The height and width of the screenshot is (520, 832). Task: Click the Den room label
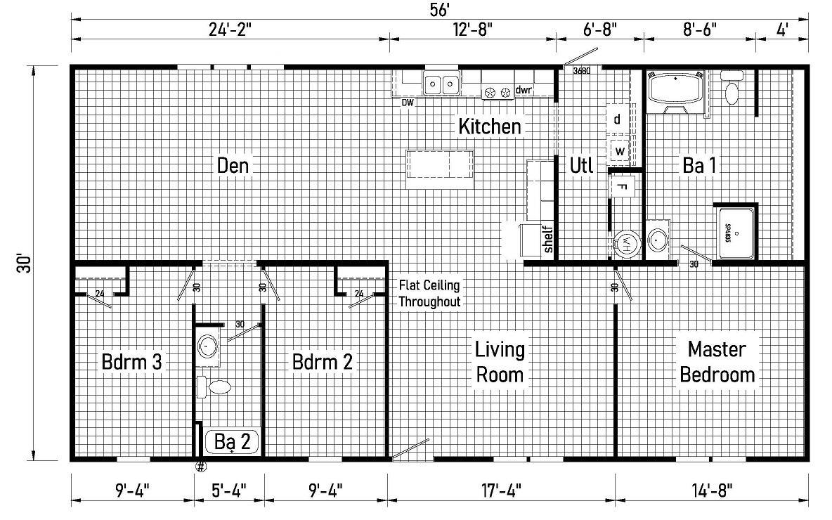(233, 166)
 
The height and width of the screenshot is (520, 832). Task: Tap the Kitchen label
(490, 126)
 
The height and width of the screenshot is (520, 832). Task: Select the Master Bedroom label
(717, 361)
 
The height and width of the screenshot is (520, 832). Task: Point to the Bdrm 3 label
(132, 363)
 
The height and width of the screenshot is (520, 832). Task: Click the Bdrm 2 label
(323, 363)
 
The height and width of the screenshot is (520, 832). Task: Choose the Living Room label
(500, 361)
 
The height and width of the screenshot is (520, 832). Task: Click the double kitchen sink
(441, 84)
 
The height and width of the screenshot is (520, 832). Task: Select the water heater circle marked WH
(624, 244)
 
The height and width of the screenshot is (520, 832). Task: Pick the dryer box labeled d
(618, 119)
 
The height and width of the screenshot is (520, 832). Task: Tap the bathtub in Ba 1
(676, 90)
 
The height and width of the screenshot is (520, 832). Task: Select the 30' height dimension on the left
(26, 264)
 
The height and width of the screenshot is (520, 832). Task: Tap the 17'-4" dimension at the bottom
(501, 488)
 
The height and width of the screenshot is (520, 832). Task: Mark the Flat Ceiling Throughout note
(429, 294)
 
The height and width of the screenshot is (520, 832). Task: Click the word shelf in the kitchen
(548, 239)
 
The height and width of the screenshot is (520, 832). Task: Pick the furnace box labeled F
(622, 186)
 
